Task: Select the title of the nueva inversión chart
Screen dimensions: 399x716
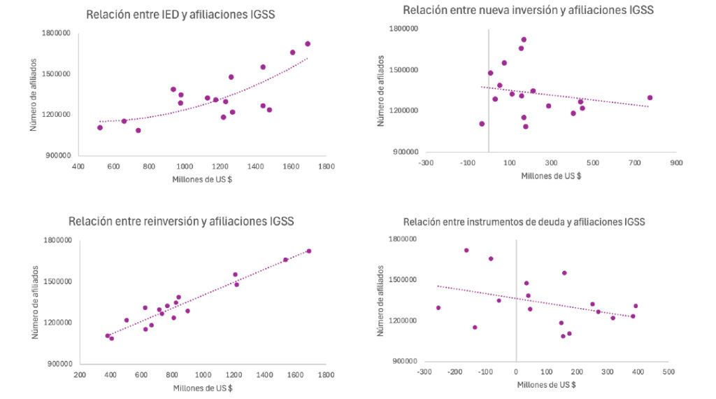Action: point(528,10)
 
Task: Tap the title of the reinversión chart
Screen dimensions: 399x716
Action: point(181,221)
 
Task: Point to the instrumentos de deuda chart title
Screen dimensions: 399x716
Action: point(524,222)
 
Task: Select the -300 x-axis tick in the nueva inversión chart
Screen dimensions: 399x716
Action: point(425,162)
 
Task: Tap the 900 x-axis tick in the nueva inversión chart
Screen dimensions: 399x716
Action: point(676,162)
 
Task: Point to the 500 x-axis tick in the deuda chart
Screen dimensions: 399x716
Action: point(668,372)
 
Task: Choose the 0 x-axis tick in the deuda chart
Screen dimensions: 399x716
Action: point(516,372)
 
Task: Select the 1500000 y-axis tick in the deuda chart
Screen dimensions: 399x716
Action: point(403,280)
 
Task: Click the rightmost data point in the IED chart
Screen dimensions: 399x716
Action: point(308,44)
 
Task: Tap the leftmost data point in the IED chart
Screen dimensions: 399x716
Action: point(100,127)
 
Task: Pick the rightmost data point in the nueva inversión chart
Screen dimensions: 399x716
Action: point(650,97)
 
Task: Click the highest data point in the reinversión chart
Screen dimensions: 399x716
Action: point(308,251)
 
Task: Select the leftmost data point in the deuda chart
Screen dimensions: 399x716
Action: point(438,307)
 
